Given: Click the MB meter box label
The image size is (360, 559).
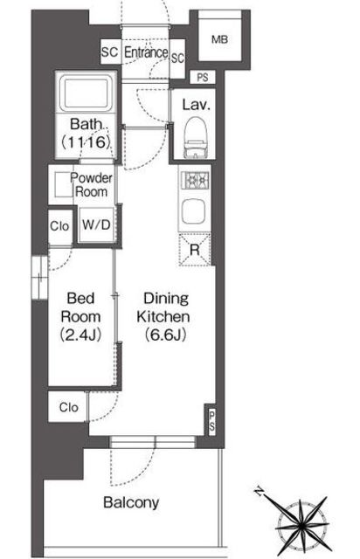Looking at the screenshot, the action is pyautogui.click(x=219, y=39).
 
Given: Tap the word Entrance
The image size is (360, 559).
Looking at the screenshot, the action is pyautogui.click(x=146, y=52).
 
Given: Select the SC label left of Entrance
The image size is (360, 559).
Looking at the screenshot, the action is pyautogui.click(x=109, y=52).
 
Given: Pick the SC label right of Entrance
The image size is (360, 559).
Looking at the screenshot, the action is pyautogui.click(x=177, y=58).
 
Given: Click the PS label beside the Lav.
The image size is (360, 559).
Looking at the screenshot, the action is pyautogui.click(x=203, y=78).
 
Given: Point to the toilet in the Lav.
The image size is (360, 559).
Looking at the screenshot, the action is pyautogui.click(x=195, y=138).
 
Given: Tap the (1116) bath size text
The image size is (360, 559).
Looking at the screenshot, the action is pyautogui.click(x=85, y=142).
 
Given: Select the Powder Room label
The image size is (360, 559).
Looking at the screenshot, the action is pyautogui.click(x=91, y=184).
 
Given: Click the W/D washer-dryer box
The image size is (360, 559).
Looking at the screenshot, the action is pyautogui.click(x=96, y=225).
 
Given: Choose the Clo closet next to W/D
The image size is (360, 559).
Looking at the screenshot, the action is pyautogui.click(x=59, y=226).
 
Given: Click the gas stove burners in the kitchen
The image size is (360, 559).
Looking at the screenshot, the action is pyautogui.click(x=195, y=181).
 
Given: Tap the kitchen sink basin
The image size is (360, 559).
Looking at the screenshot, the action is pyautogui.click(x=193, y=211).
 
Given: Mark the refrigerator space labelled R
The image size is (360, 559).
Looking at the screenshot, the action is pyautogui.click(x=195, y=250).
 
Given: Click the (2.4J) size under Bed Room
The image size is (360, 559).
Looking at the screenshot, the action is pyautogui.click(x=80, y=335).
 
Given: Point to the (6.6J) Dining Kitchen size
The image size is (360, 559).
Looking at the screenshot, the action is pyautogui.click(x=165, y=335).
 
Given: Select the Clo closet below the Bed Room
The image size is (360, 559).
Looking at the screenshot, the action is pyautogui.click(x=68, y=407).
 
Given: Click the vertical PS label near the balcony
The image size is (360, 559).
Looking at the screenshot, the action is pyautogui.click(x=212, y=421).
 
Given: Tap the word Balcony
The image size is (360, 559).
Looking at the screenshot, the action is pyautogui.click(x=131, y=503).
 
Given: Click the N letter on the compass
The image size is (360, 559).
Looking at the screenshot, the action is pyautogui.click(x=259, y=493).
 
